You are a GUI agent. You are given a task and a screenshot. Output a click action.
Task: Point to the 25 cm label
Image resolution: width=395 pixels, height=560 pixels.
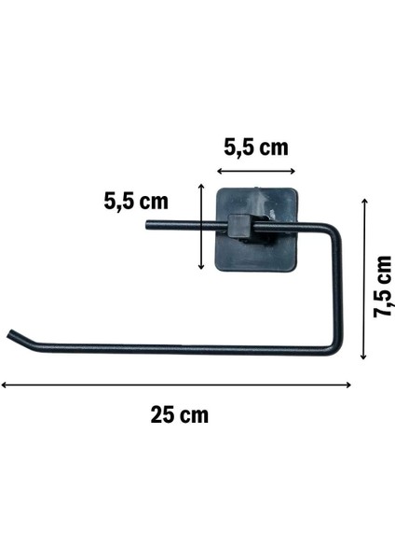180,414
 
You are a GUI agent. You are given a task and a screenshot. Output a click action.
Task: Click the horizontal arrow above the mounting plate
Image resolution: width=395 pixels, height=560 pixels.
256,172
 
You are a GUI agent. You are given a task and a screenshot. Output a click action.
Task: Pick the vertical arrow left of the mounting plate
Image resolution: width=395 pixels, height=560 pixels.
202,227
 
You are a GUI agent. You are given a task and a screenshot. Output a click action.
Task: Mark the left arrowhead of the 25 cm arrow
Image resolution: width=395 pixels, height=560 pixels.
5,385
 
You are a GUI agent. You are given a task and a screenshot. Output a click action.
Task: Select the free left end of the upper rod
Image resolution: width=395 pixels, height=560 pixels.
149,224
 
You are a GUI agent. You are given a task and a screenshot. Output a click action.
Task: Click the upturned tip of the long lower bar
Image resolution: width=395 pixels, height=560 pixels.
11,334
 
